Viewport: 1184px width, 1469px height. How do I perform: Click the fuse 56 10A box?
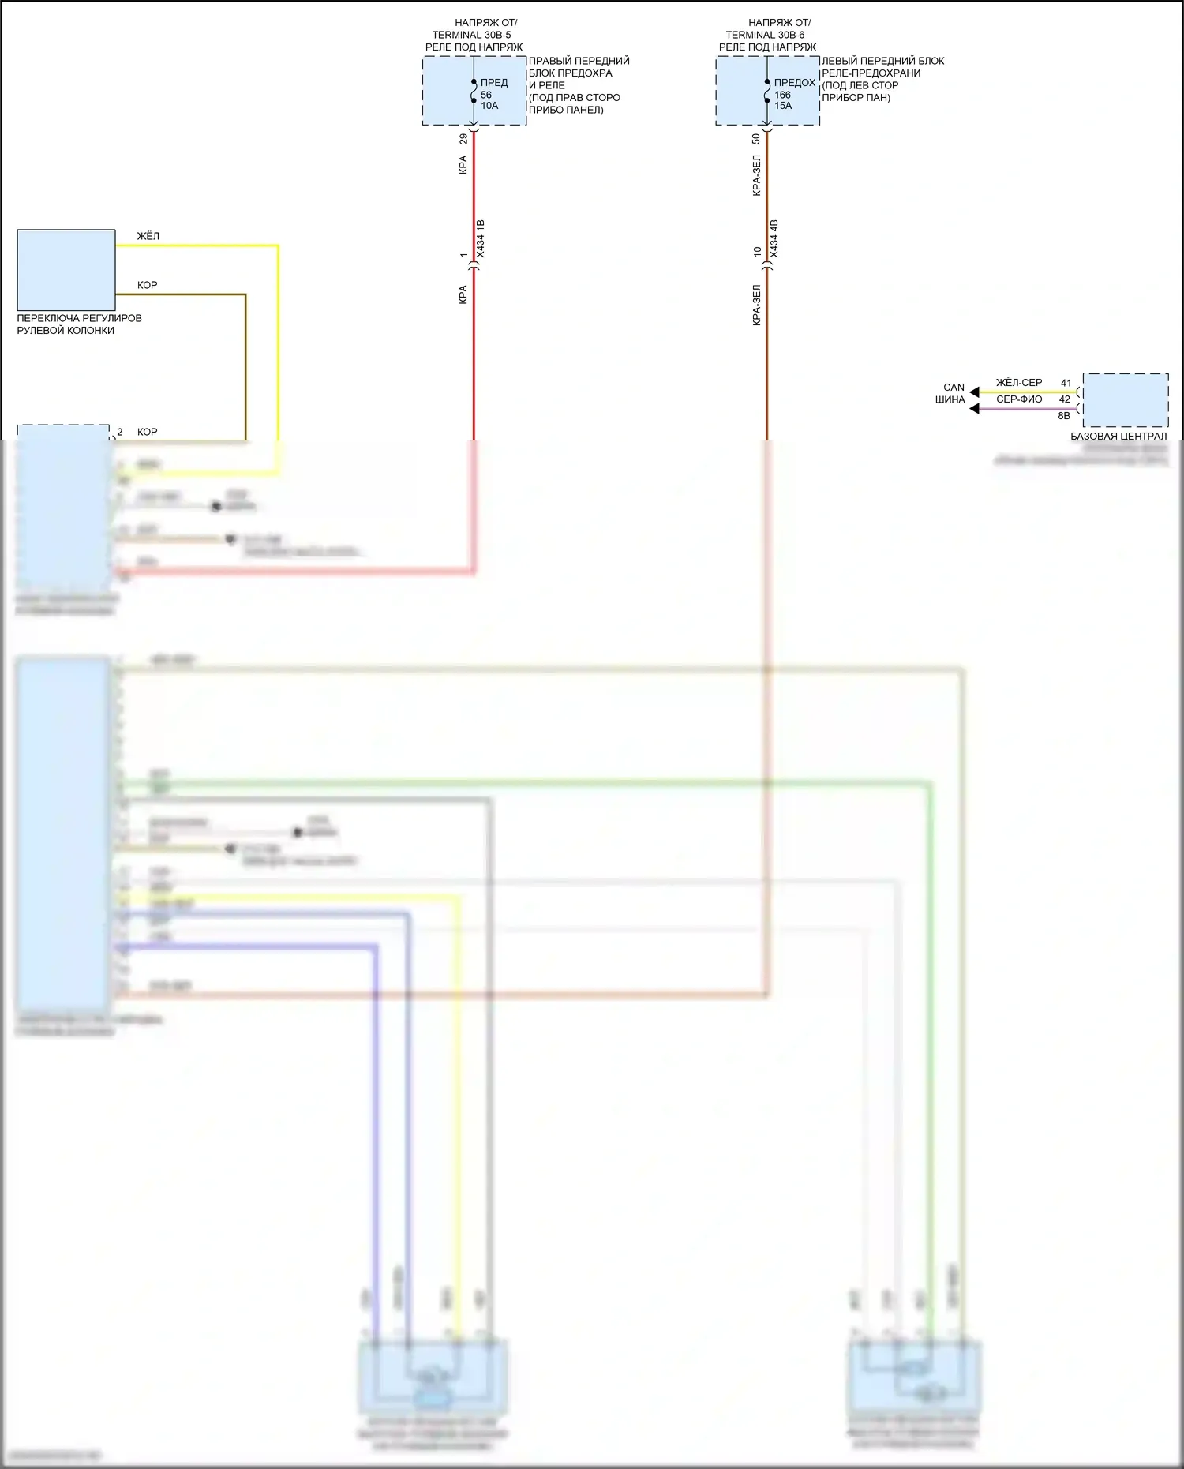point(474,91)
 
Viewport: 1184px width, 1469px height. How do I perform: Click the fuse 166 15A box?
point(767,91)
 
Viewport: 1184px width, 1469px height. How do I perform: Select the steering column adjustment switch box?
point(66,270)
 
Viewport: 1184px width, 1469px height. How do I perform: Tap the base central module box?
point(1126,400)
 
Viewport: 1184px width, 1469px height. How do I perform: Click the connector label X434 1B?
point(481,238)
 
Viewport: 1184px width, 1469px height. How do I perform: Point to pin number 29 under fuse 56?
point(463,138)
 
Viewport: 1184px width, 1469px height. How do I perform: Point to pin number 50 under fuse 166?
point(756,138)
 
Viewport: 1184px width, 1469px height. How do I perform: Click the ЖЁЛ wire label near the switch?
point(148,236)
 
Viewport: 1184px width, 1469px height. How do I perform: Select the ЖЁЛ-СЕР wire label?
point(1018,383)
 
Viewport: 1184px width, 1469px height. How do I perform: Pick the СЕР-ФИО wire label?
point(1018,399)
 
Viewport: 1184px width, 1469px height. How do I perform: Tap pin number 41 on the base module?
point(1066,383)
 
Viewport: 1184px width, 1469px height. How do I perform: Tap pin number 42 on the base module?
point(1065,399)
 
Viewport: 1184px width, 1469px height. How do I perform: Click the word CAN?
point(954,388)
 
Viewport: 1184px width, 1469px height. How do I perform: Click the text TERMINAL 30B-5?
point(471,35)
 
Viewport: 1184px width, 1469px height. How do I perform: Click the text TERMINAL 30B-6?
point(765,35)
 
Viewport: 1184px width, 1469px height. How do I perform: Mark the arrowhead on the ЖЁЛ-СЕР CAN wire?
point(975,392)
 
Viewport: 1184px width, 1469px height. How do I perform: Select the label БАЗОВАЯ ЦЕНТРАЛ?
point(1118,437)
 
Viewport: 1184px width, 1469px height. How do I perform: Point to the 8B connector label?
point(1064,416)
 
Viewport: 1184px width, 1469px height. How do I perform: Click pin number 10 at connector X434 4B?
point(757,252)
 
